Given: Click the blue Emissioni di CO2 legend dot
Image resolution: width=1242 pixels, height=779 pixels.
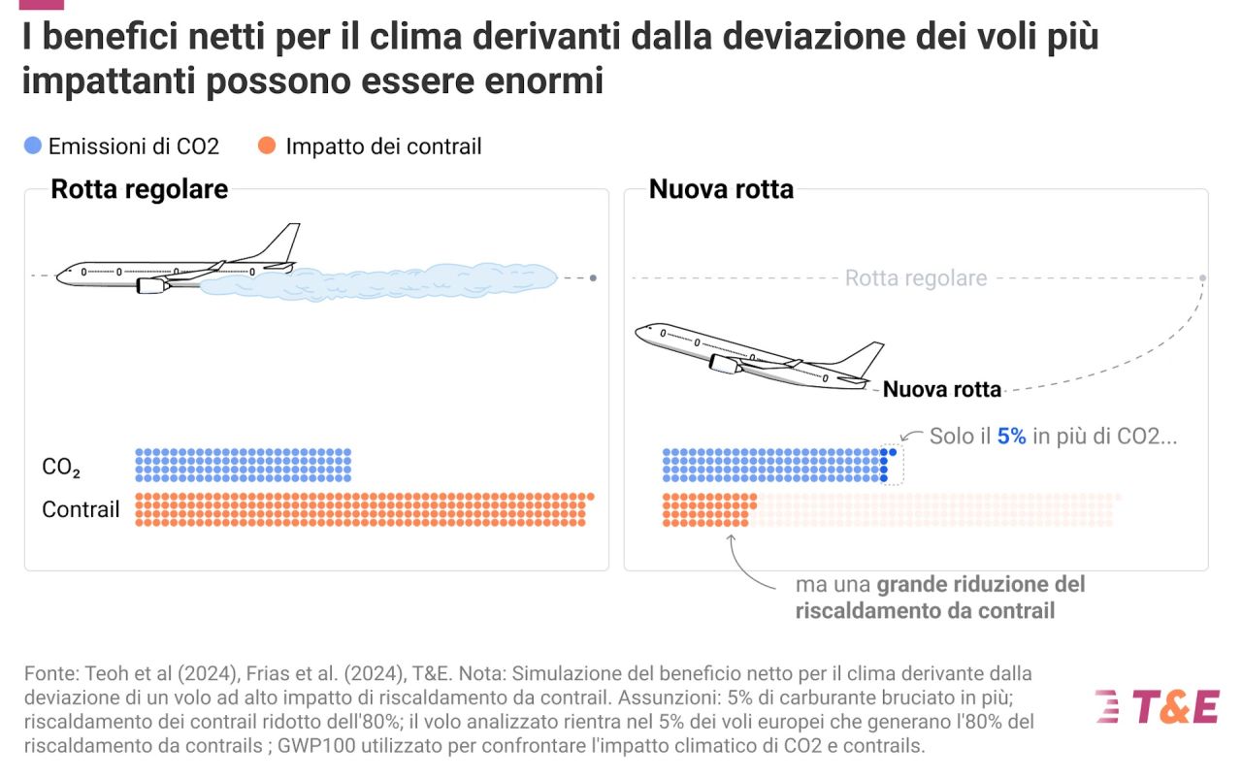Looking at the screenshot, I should pyautogui.click(x=33, y=146).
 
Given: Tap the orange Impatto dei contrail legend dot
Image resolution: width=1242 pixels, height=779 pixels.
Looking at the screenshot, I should pyautogui.click(x=266, y=146).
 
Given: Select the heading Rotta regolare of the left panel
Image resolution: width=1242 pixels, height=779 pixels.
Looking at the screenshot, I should pyautogui.click(x=139, y=189).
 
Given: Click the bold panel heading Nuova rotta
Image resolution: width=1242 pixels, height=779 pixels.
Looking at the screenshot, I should pyautogui.click(x=721, y=189).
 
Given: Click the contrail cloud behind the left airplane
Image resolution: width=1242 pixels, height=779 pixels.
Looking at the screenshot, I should pyautogui.click(x=388, y=280).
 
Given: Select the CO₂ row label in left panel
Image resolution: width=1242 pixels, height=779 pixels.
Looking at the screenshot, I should pyautogui.click(x=61, y=468).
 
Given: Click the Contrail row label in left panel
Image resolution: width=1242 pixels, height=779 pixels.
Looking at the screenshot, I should pyautogui.click(x=81, y=509).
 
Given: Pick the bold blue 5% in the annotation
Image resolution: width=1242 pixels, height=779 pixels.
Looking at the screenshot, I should pyautogui.click(x=1011, y=437).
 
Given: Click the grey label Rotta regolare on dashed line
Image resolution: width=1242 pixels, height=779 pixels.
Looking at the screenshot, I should pyautogui.click(x=915, y=278).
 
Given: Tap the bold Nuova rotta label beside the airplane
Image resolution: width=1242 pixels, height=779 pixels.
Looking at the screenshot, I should pyautogui.click(x=941, y=390).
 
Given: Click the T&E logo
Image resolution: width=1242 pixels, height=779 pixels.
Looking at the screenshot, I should pyautogui.click(x=1157, y=706).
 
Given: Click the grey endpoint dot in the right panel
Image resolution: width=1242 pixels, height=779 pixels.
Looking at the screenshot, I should pyautogui.click(x=1202, y=278).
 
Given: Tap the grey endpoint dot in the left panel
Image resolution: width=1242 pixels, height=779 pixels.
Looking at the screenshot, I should pyautogui.click(x=593, y=278).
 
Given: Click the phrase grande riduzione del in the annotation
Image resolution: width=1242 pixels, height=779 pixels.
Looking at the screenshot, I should pyautogui.click(x=981, y=585).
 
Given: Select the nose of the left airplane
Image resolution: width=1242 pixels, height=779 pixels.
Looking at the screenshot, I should pyautogui.click(x=60, y=276).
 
